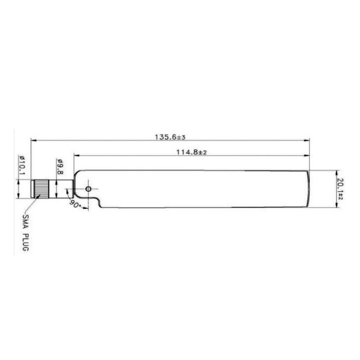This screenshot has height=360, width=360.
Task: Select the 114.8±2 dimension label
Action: coord(191,152)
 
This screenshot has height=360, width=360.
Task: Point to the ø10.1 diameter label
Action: coord(22,164)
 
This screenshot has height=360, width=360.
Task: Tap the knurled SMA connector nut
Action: coord(40,189)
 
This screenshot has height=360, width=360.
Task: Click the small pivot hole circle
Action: coord(88,189)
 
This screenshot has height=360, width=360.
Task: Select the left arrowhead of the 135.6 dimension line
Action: coord(34,140)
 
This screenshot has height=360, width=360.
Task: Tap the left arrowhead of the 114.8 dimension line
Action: coord(76,156)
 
